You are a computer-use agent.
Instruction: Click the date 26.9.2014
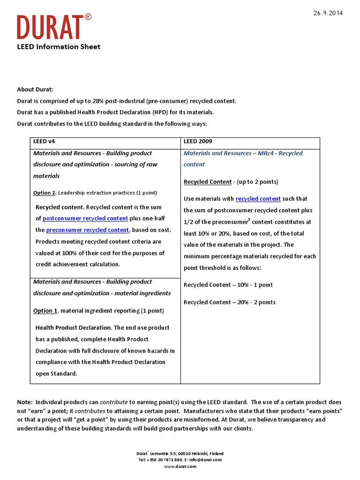328,13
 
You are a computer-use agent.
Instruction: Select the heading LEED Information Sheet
59,46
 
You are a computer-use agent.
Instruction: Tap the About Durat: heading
35,90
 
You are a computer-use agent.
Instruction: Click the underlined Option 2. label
45,193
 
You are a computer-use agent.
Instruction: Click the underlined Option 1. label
45,311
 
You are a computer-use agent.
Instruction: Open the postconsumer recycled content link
85,218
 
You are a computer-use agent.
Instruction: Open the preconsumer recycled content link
87,230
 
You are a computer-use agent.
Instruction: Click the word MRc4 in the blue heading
265,153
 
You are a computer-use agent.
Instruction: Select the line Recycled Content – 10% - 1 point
228,285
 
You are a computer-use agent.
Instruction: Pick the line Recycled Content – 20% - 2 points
229,302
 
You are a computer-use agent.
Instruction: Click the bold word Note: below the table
25,402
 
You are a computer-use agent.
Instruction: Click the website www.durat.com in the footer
180,466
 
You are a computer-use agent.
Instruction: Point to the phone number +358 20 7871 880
166,460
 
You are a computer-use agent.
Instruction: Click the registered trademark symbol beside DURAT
88,17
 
